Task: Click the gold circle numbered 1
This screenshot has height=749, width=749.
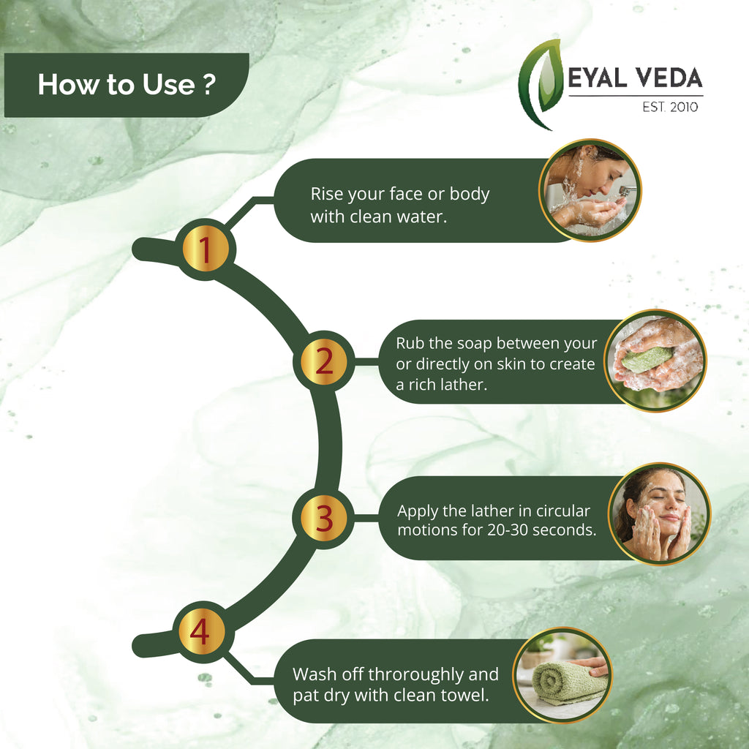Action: click(206, 249)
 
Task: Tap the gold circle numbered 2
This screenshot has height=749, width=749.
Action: click(324, 361)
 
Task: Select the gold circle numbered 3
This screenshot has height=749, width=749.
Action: click(324, 519)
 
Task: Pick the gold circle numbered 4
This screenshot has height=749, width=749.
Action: click(200, 631)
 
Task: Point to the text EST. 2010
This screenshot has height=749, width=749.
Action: click(670, 107)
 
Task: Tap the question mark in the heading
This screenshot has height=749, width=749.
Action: click(208, 85)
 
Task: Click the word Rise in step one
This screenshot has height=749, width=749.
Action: click(327, 194)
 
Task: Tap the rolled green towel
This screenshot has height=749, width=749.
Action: click(569, 681)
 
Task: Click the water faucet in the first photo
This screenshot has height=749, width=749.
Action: click(627, 191)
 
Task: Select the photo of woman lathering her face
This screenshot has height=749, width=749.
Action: click(659, 514)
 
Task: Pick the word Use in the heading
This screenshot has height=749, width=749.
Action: click(168, 85)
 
